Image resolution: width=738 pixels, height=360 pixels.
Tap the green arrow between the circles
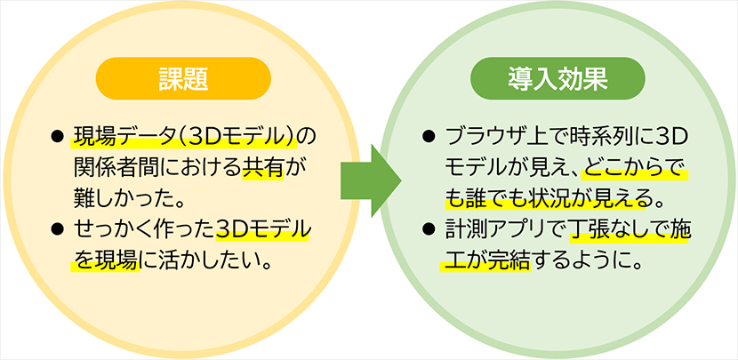point(368,180)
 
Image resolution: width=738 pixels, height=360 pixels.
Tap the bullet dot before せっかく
point(58,232)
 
